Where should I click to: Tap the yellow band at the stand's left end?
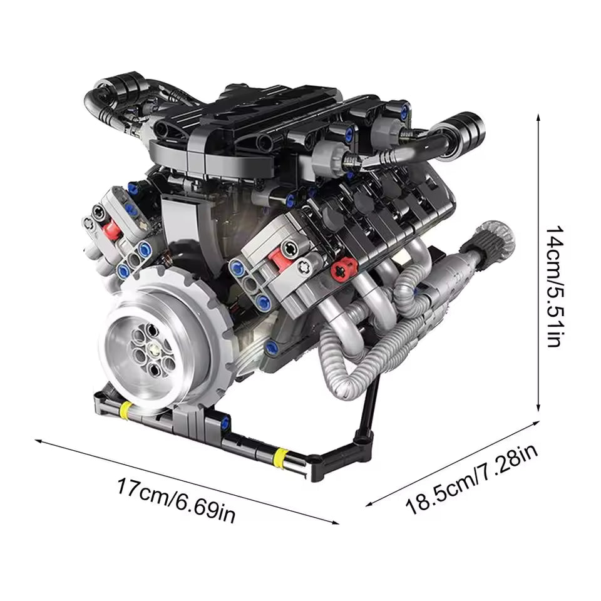[125, 410]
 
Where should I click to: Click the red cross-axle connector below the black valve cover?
[341, 270]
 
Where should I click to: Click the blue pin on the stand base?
[270, 346]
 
